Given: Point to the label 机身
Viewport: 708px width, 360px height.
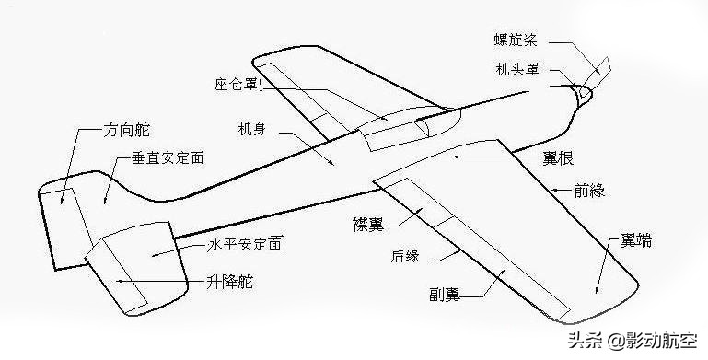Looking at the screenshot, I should (252, 129).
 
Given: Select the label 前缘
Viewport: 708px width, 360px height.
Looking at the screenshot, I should (588, 192).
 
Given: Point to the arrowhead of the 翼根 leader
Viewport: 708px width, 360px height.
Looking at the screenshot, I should (454, 157).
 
